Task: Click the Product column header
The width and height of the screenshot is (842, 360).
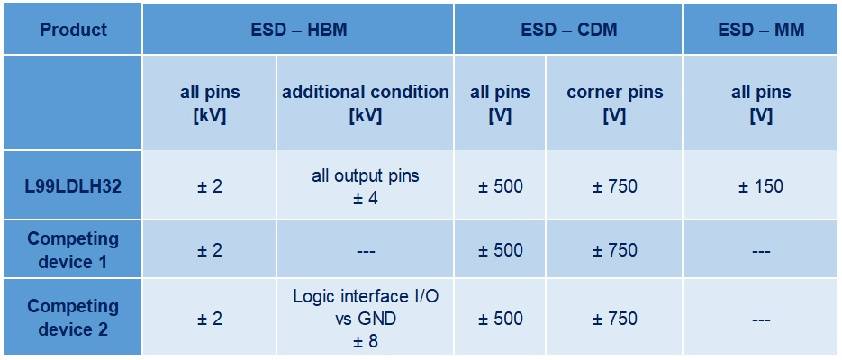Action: (x=74, y=30)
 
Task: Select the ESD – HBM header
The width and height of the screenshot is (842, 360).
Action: (x=299, y=30)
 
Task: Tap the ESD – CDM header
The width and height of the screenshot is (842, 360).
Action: (x=568, y=30)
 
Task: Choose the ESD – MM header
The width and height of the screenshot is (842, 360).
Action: (x=762, y=30)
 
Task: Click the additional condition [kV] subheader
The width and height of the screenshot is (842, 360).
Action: (x=366, y=103)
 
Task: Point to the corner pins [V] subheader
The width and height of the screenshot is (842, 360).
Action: (x=615, y=103)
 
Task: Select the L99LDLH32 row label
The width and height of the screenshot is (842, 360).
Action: (x=74, y=186)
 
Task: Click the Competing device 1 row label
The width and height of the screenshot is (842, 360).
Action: (x=74, y=250)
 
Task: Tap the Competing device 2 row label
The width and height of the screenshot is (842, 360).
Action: (x=74, y=318)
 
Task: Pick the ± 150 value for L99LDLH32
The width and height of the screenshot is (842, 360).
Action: (x=762, y=186)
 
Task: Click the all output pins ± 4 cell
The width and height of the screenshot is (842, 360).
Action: (x=366, y=186)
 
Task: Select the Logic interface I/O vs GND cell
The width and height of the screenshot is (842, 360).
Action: (x=366, y=308)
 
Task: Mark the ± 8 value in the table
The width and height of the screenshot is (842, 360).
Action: (x=366, y=341)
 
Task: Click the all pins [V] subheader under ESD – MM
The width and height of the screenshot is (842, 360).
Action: (x=762, y=103)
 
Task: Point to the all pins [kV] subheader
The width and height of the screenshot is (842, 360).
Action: (x=210, y=103)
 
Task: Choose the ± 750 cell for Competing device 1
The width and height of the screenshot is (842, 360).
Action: (x=615, y=250)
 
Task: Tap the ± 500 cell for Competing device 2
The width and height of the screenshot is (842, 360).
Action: (x=501, y=319)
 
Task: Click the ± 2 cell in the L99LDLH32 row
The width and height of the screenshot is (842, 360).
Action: (x=210, y=186)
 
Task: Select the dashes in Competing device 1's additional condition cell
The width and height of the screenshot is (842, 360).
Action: (x=366, y=250)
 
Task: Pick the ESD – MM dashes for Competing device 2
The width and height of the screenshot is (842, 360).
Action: (x=762, y=319)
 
